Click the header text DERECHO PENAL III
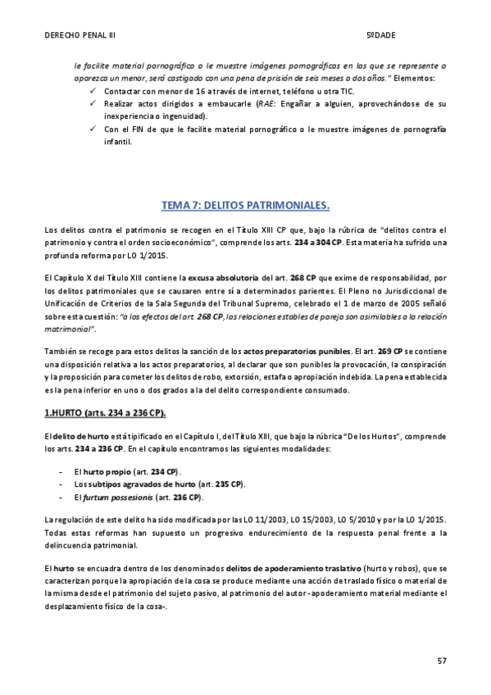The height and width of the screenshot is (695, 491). [80, 36]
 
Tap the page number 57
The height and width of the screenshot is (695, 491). [442, 659]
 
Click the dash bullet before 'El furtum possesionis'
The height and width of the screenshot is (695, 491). [63, 497]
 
